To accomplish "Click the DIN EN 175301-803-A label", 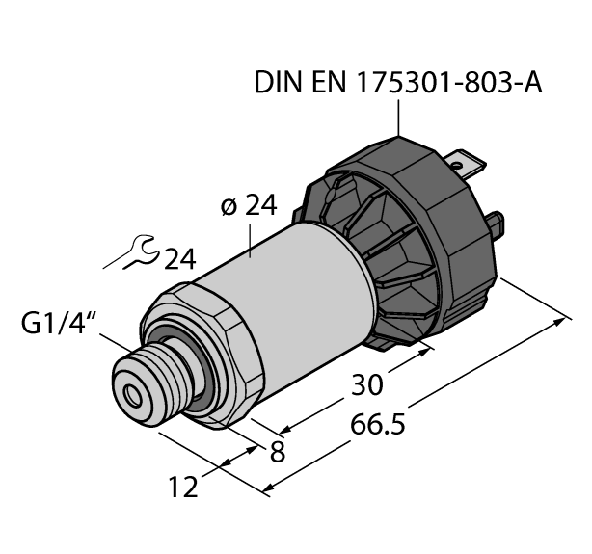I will tap(397, 84).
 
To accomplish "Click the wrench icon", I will tap(131, 255).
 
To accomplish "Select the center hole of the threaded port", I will tap(128, 390).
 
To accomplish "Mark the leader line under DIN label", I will tap(396, 119).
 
